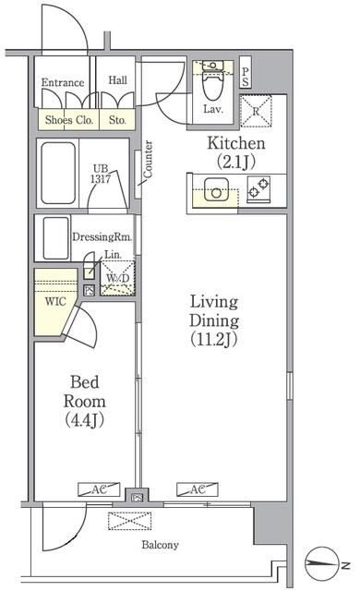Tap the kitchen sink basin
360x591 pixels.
[x=216, y=189]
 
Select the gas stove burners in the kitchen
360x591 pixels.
[x=258, y=188]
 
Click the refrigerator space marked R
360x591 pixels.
[x=256, y=111]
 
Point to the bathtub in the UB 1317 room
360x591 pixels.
[x=58, y=173]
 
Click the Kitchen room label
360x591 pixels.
[x=236, y=152]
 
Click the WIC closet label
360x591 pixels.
[x=55, y=301]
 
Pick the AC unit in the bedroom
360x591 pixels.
[x=99, y=489]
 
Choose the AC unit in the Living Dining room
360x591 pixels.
[x=198, y=489]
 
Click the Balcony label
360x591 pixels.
[x=160, y=545]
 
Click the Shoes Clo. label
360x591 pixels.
[x=69, y=120]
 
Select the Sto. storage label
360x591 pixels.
[x=117, y=120]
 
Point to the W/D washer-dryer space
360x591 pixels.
[x=117, y=278]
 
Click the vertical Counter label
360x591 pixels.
[x=148, y=159]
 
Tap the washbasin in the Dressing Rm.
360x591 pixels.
[x=55, y=238]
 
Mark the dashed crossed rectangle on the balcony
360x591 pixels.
[x=130, y=521]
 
